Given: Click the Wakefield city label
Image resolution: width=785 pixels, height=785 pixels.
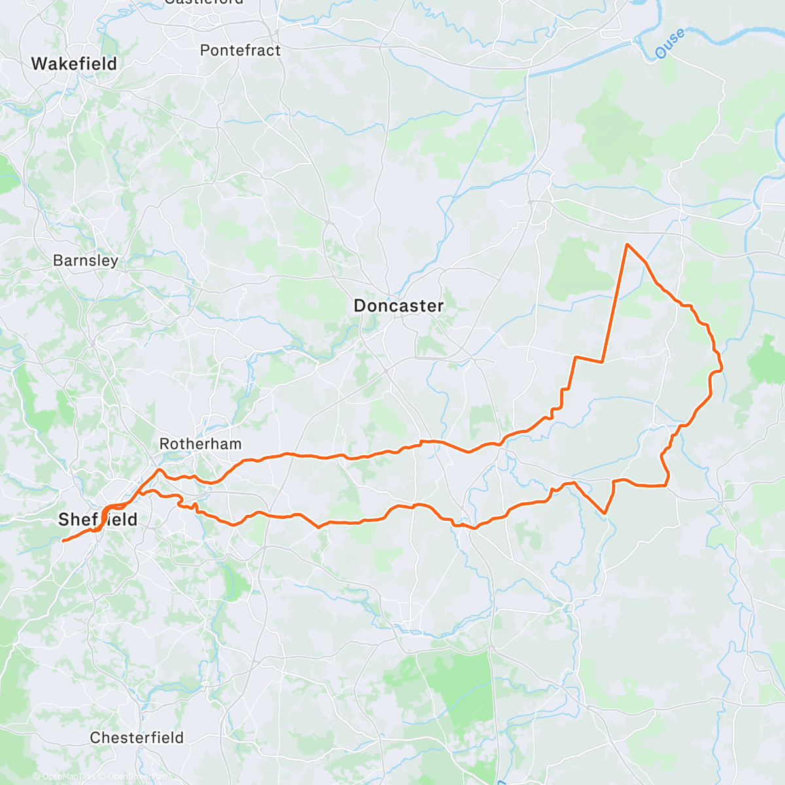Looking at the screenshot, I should click(74, 64).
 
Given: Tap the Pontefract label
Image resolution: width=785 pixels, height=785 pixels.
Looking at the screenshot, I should click(240, 50).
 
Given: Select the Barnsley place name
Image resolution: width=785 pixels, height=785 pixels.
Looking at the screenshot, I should click(86, 260).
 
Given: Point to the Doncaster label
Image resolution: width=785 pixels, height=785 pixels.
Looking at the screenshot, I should click(398, 305).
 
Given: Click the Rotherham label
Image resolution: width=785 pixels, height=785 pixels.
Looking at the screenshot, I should click(200, 444).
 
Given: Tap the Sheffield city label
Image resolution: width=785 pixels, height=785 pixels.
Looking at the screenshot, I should click(98, 520).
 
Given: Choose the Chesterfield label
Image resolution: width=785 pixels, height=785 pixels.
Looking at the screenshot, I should click(137, 738).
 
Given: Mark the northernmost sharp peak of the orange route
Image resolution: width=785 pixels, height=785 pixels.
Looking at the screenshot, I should click(627, 245).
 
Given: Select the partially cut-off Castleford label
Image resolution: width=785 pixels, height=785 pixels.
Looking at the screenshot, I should click(204, 2).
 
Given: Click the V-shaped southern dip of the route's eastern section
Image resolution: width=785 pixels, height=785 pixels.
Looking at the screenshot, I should click(605, 514).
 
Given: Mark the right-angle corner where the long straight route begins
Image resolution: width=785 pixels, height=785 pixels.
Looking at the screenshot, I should click(601, 361).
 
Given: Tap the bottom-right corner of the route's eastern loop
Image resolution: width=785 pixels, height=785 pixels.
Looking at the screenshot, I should click(666, 485).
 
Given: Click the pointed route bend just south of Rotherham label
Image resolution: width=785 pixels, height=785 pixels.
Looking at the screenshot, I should click(159, 470).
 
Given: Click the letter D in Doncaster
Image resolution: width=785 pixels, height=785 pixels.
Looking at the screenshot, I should click(359, 305).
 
